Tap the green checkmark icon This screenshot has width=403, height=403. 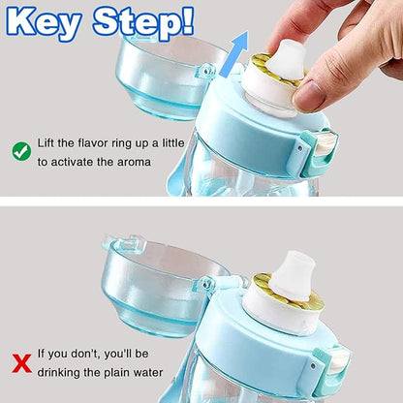(x=20, y=151)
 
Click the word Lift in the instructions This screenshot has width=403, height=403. (x=47, y=142)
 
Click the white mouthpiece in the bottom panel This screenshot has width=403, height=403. (x=290, y=265)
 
